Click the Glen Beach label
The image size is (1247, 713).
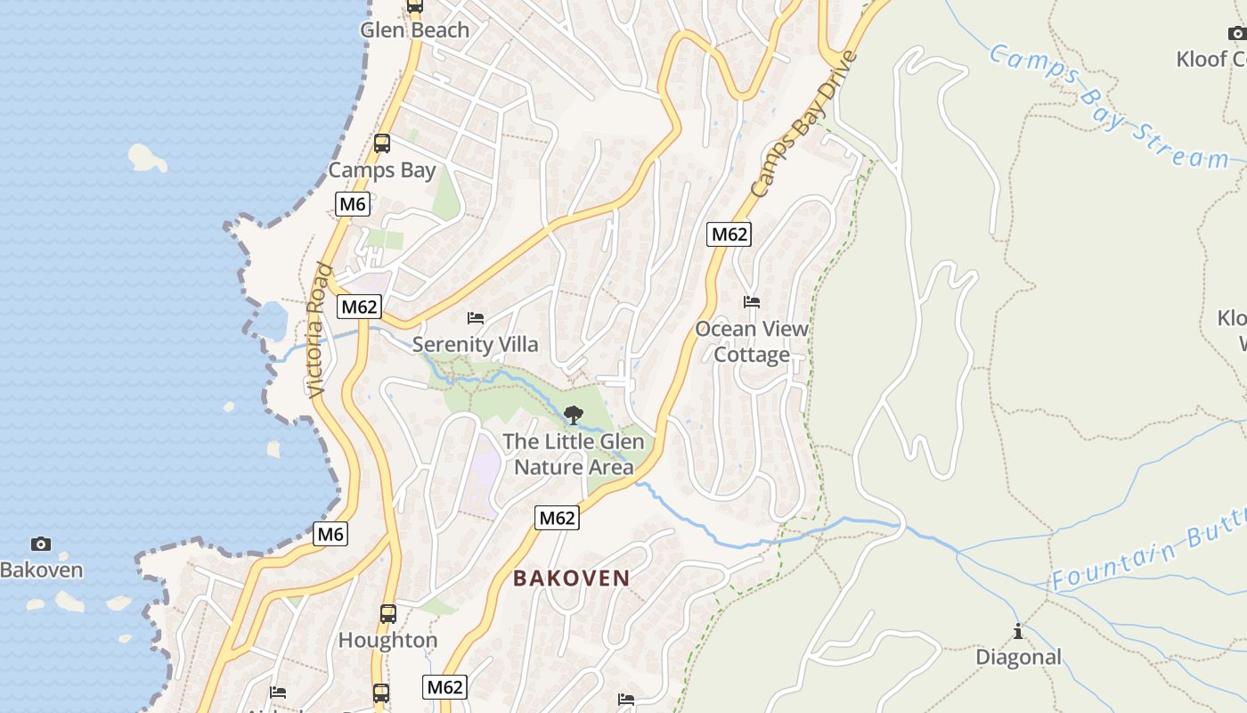tap(414, 30)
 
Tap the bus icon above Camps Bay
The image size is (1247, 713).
tap(382, 143)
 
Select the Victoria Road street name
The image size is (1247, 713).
tap(318, 330)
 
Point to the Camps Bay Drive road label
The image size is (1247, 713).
tap(803, 125)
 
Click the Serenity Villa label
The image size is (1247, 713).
tap(475, 344)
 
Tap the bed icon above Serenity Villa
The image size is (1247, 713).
tap(476, 318)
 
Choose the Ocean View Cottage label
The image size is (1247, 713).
tap(752, 341)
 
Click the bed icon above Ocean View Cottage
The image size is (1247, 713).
tap(752, 302)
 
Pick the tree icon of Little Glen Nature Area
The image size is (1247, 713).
tap(574, 414)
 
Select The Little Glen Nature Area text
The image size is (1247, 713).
tap(574, 454)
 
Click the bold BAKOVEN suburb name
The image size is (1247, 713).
tap(571, 578)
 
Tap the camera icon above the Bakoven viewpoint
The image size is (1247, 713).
tap(40, 544)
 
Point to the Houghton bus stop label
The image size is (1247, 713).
tap(387, 640)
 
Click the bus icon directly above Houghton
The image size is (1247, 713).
tap(387, 613)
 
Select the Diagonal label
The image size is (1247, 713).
tap(1018, 657)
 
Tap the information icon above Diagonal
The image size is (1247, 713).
tap(1018, 632)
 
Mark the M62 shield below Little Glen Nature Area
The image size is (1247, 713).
tap(557, 518)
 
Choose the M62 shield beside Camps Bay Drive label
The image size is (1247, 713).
tap(729, 234)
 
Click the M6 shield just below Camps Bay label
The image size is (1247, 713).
tap(353, 204)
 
